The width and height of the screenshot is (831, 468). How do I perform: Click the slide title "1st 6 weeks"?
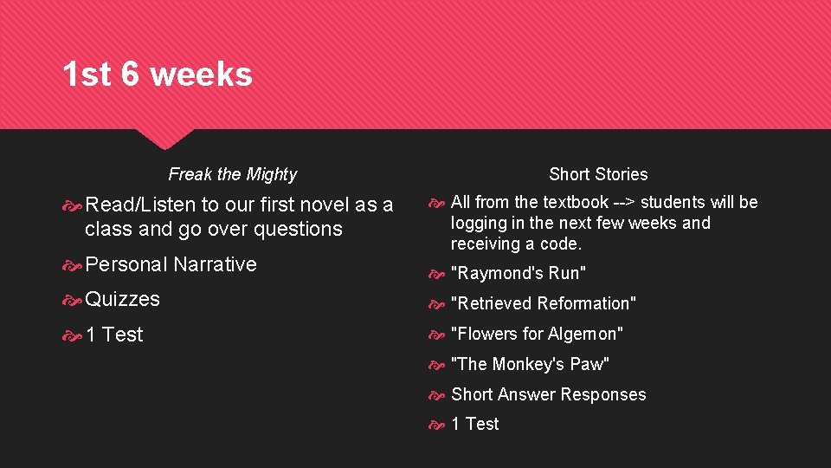coord(157,75)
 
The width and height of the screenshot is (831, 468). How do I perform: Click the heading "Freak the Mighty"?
coord(232,174)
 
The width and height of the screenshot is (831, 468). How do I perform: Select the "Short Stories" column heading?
coord(598,174)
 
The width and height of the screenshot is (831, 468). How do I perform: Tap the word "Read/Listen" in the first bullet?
coord(141,205)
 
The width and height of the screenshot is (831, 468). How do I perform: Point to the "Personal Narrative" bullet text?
coord(171,264)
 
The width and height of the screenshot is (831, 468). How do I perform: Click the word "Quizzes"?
coord(122,299)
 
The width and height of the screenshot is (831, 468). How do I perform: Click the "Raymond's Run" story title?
coord(519,274)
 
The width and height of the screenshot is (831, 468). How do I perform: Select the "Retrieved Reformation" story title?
coord(544,303)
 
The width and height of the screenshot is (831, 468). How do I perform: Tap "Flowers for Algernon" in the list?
coord(537,334)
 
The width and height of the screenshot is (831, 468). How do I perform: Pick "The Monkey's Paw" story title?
coord(530,364)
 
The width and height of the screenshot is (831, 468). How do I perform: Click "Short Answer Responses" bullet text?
coord(548,394)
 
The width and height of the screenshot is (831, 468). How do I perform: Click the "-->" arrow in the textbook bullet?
coord(624,202)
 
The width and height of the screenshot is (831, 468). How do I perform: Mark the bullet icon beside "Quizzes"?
coord(74,300)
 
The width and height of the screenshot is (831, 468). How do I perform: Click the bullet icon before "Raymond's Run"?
coord(439,274)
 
